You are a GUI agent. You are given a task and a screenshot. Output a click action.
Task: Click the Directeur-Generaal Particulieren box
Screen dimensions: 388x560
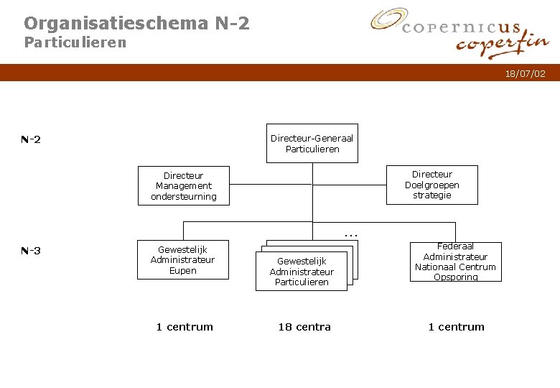[312, 144]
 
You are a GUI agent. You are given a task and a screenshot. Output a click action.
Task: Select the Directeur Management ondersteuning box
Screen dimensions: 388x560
[184, 186]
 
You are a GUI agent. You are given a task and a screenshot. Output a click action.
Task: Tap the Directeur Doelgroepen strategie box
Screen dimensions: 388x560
[432, 185]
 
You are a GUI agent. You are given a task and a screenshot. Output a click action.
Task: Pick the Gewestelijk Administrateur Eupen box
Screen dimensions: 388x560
[183, 259]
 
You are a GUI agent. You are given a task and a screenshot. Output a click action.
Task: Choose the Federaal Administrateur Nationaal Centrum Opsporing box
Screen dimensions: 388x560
[455, 262]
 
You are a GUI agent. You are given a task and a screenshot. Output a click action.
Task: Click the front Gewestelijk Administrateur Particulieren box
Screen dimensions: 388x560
[302, 272]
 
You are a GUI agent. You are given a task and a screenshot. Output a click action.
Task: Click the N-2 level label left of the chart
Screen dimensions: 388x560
[31, 139]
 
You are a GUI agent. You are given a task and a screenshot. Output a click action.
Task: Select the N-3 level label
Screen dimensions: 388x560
[31, 251]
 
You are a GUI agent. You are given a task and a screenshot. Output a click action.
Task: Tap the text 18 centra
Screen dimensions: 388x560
[304, 327]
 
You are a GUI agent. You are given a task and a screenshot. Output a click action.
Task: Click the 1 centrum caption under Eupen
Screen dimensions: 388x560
[185, 327]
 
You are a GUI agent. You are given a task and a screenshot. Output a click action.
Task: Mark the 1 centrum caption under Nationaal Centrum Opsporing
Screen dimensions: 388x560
[456, 327]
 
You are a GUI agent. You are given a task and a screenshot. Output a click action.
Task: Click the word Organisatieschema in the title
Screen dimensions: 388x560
[116, 23]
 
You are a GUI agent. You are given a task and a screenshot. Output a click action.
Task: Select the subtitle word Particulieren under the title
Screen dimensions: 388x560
[75, 42]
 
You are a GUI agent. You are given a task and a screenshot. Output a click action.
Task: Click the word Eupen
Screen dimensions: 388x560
[183, 271]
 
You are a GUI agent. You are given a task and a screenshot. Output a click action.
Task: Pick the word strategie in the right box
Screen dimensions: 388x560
[432, 195]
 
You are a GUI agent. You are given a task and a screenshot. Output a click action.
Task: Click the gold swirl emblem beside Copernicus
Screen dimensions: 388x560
[388, 20]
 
